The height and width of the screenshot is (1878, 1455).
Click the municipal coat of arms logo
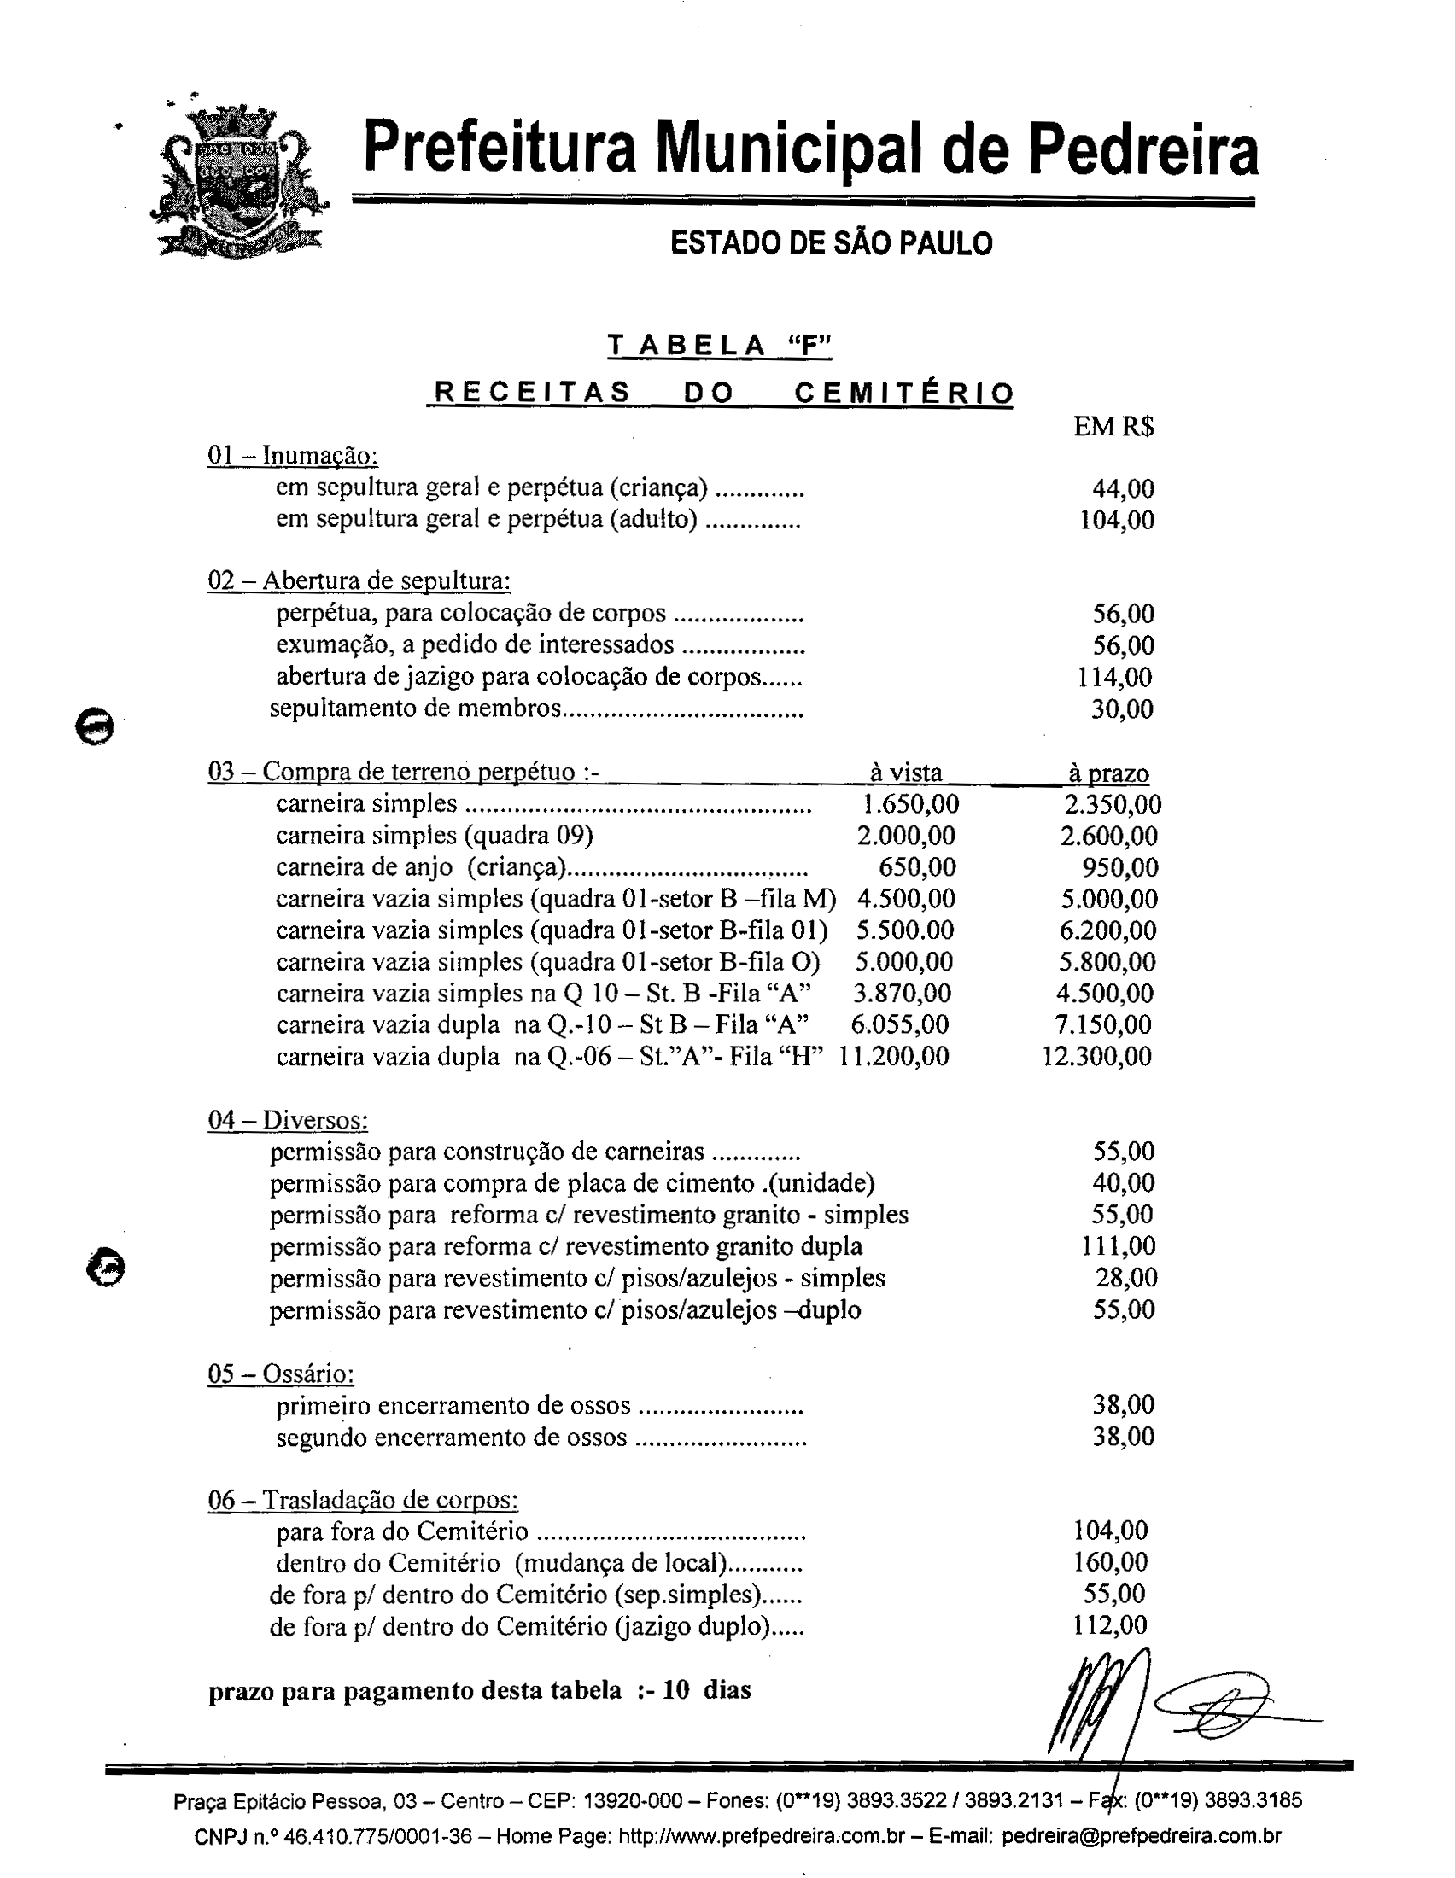(238, 184)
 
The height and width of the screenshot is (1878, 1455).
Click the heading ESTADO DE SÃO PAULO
(831, 244)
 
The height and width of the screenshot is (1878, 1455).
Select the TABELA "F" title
(720, 346)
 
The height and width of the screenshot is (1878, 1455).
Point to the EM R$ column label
(1113, 427)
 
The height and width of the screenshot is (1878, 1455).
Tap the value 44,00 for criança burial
(1122, 489)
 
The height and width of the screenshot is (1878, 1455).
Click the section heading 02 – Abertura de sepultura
(359, 581)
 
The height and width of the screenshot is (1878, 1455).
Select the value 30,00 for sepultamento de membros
(1121, 709)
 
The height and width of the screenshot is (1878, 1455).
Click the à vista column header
(905, 773)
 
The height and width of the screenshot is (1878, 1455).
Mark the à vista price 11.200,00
(893, 1057)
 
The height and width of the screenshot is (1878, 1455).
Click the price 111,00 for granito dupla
(1118, 1246)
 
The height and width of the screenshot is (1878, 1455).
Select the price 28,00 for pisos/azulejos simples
(1125, 1278)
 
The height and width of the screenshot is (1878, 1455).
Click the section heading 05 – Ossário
(281, 1374)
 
